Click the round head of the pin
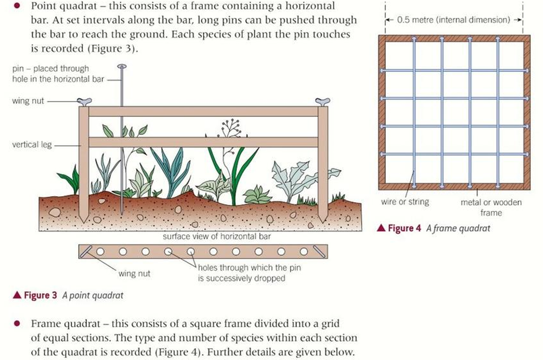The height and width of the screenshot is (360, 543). pos(122,66)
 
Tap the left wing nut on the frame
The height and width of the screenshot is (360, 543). pos(84,102)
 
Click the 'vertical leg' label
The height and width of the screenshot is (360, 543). pos(32,145)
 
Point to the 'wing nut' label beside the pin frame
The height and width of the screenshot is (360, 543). pos(28,101)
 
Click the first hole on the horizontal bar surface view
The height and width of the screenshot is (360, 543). pos(100,252)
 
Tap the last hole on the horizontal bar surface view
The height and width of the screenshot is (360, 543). pos(304,252)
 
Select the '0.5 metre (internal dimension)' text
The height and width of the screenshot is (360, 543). pos(454,20)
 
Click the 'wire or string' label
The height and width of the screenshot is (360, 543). pos(405,202)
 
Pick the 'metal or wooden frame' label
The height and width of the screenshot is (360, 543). pos(491,207)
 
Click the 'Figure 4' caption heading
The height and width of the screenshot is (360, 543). pos(404,228)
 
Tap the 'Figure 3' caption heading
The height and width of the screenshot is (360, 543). pos(40,295)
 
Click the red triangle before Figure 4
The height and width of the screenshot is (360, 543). pos(381,228)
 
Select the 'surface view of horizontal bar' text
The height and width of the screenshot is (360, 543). pos(217,236)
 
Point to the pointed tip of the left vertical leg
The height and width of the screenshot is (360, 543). pos(84,223)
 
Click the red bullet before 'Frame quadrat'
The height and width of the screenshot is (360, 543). pos(17,323)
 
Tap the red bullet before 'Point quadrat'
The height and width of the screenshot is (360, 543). pos(17,6)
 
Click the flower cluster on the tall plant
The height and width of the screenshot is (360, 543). pos(232,127)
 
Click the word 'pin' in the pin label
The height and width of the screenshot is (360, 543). pos(18,69)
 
